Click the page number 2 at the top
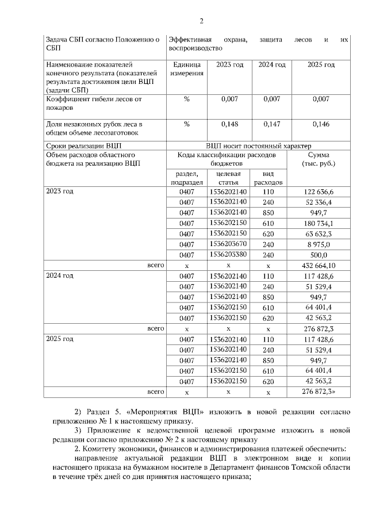201,22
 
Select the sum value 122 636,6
318,191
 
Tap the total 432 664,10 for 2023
318,265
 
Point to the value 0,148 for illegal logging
229,124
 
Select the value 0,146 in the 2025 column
321,124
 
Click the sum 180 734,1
318,223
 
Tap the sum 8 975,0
318,244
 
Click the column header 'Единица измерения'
186,70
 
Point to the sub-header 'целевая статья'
228,178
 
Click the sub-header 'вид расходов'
268,178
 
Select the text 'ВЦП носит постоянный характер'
258,145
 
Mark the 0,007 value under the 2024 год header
272,99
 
